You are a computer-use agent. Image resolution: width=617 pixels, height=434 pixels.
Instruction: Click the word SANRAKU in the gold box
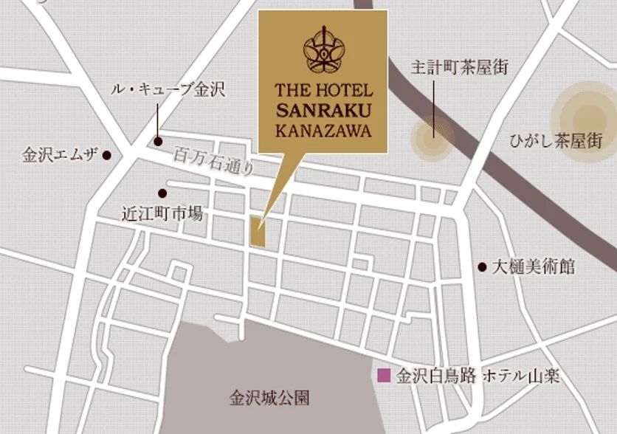coord(323,111)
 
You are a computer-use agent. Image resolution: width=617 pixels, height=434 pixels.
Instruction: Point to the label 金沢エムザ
coord(61,156)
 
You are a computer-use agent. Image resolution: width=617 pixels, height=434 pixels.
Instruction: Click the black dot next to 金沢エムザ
coord(107,155)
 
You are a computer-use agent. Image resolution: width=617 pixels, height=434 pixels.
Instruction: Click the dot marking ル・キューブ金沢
coord(157,141)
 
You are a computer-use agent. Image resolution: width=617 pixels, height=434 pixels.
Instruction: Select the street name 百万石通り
coord(215,162)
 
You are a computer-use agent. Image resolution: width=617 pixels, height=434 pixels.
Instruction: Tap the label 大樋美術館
coord(534,266)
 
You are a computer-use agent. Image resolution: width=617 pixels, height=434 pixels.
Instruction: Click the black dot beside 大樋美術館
coord(482,266)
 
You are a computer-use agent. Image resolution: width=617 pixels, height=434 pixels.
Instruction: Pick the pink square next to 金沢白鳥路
coord(384,375)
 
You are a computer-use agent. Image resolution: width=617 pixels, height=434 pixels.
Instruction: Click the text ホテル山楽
coord(520,376)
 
